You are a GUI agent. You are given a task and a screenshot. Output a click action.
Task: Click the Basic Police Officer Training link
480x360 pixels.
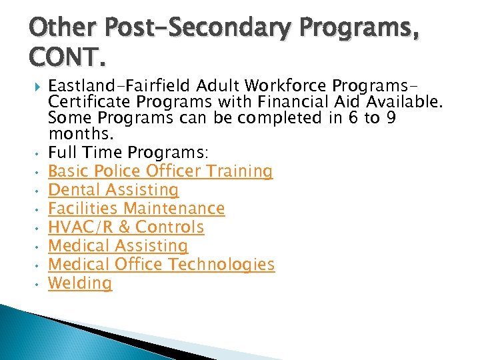pyautogui.click(x=161, y=171)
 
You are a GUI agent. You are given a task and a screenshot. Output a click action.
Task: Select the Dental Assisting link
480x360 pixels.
pyautogui.click(x=113, y=190)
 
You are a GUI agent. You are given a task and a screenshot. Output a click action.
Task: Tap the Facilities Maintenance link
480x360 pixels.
pyautogui.click(x=137, y=209)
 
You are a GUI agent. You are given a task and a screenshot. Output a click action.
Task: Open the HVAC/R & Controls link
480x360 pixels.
pyautogui.click(x=126, y=227)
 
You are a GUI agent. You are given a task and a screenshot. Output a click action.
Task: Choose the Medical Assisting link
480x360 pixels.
pyautogui.click(x=118, y=246)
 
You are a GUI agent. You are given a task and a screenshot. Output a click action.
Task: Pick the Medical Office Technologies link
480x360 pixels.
pyautogui.click(x=161, y=265)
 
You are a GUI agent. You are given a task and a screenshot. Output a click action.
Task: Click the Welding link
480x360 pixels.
pyautogui.click(x=80, y=283)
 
